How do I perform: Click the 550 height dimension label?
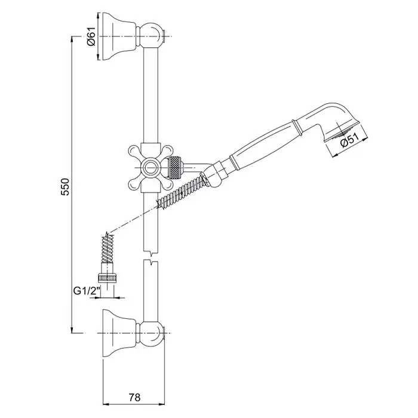click(x=66, y=186)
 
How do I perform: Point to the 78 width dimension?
click(x=134, y=398)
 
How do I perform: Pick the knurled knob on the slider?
click(x=175, y=168)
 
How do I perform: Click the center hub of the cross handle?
click(x=150, y=168)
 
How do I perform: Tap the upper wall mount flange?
click(x=119, y=36)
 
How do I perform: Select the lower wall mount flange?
click(x=119, y=333)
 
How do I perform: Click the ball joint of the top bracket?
click(x=150, y=35)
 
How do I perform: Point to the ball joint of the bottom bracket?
click(x=150, y=333)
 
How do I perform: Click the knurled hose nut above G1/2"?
click(x=107, y=278)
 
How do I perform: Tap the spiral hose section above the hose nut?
click(x=107, y=248)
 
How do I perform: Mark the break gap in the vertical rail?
click(x=150, y=256)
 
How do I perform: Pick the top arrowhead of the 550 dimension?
click(x=72, y=39)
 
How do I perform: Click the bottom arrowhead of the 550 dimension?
click(x=72, y=330)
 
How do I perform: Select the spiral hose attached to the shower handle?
click(x=182, y=190)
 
